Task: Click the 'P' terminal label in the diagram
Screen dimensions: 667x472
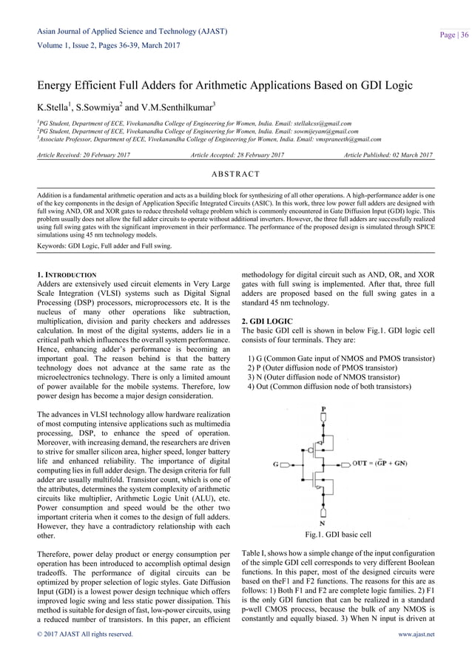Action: point(323,407)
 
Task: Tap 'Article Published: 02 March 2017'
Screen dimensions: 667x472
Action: point(388,155)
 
